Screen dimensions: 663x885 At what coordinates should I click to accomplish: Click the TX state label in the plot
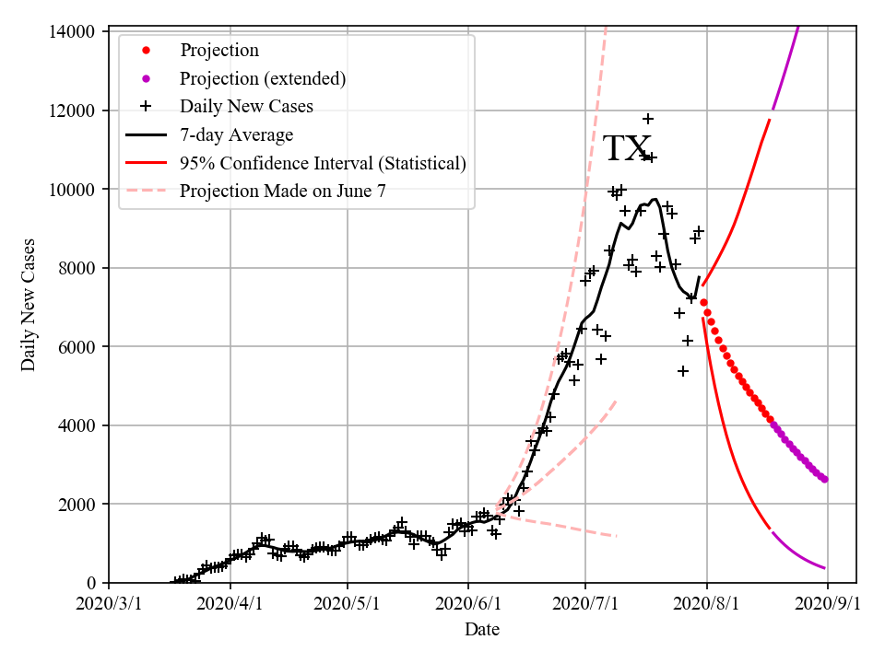(627, 148)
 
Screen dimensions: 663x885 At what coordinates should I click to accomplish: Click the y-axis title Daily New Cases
(29, 305)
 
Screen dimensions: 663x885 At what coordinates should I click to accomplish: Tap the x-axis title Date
(482, 630)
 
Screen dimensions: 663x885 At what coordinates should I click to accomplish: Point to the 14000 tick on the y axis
(71, 32)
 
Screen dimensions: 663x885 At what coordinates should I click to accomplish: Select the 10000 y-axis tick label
(71, 190)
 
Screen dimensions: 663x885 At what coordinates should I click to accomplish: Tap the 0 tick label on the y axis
(90, 583)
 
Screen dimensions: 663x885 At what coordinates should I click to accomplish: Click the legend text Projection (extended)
(263, 78)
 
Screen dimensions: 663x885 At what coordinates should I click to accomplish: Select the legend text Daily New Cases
(246, 106)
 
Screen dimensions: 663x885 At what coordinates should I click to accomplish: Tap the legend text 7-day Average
(236, 135)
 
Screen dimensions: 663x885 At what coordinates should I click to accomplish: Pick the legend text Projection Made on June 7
(282, 192)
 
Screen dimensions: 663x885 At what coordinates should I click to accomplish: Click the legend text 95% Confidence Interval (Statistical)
(323, 164)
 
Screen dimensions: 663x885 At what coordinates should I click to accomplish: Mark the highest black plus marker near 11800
(648, 119)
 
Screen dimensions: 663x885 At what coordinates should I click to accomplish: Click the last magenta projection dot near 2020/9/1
(824, 479)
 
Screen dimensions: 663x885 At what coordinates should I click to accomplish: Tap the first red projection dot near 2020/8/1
(703, 302)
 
